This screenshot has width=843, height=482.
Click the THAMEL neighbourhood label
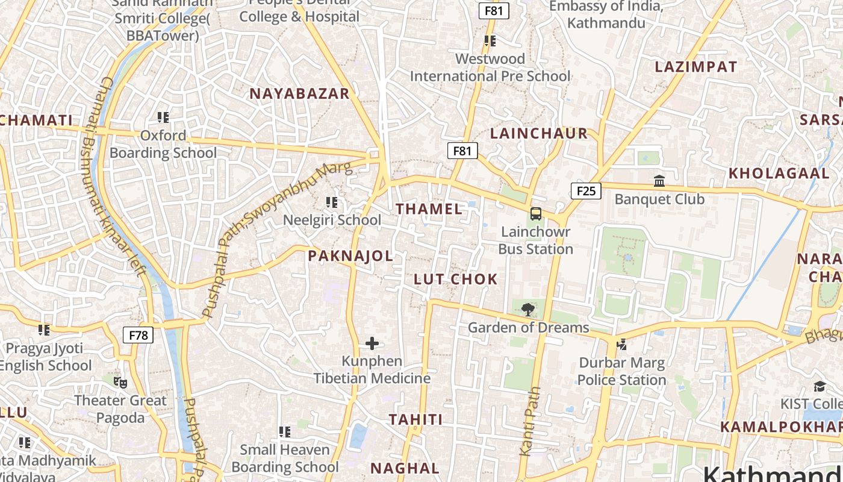point(429,209)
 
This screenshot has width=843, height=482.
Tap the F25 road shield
point(585,191)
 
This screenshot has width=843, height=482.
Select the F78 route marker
point(138,335)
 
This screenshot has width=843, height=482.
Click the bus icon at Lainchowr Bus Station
point(535,214)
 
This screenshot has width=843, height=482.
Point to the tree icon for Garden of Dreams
point(528,310)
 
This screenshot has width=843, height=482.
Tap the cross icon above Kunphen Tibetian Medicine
point(372,343)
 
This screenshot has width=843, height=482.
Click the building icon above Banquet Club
point(659,181)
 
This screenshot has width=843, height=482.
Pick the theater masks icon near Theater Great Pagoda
point(120,383)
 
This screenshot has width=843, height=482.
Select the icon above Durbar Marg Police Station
point(622,345)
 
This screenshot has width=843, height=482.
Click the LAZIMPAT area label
point(695,67)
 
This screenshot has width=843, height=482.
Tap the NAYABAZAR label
point(299,93)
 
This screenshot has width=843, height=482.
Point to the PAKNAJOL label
point(350,255)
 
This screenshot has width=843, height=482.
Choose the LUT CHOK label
point(456,279)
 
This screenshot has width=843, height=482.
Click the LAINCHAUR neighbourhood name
point(538,133)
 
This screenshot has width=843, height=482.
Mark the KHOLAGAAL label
point(779,174)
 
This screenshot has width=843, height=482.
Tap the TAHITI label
point(415,419)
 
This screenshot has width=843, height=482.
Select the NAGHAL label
point(405,468)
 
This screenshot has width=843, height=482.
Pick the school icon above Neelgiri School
point(332,202)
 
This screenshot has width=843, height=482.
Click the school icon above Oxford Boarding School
point(163,117)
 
